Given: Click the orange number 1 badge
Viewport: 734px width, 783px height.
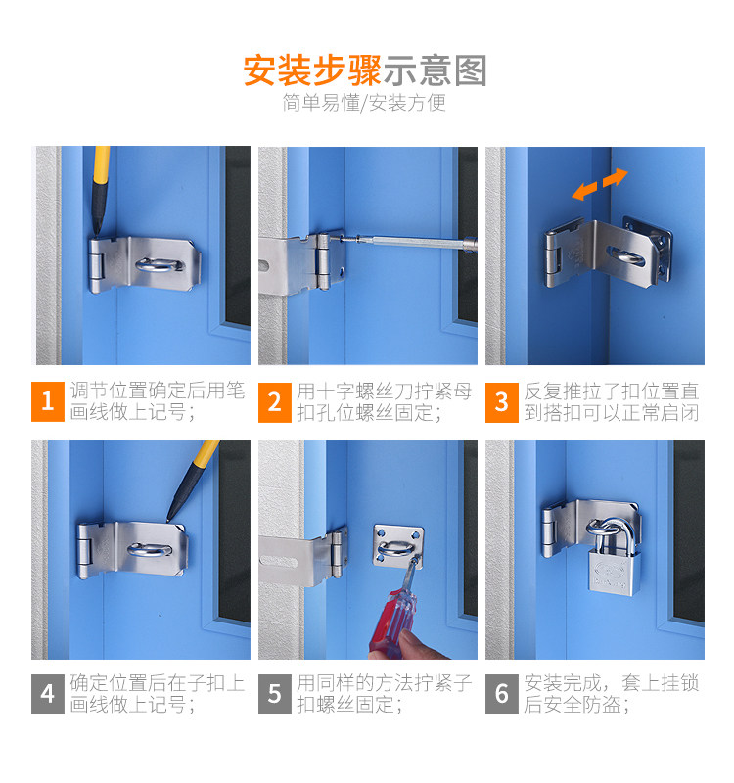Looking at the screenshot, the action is (x=47, y=401).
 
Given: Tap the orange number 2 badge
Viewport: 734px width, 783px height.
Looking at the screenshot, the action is (x=275, y=402).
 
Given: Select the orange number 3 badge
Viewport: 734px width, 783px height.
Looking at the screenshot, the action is (x=502, y=402).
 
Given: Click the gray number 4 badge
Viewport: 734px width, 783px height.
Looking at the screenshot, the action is (x=47, y=694).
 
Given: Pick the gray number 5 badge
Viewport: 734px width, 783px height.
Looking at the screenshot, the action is (x=275, y=694).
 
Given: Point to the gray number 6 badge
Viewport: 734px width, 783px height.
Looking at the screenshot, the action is (x=502, y=694).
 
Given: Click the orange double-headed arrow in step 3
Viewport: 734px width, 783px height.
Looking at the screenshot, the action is (x=600, y=184).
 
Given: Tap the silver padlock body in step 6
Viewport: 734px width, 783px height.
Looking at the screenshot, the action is (x=614, y=574).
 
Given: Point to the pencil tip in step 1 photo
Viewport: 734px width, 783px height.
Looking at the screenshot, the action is (x=95, y=233).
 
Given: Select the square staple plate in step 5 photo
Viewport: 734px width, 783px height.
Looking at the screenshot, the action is (x=398, y=546).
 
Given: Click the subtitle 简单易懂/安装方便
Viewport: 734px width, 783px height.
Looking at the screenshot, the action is (x=364, y=103).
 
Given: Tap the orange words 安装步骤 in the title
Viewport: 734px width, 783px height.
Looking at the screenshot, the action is (x=312, y=70).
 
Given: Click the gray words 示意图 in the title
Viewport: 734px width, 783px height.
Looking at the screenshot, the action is (x=435, y=70).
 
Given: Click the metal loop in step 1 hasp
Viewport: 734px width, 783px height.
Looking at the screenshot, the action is (x=159, y=265).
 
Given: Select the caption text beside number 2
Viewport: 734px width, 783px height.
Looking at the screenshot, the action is (x=385, y=402).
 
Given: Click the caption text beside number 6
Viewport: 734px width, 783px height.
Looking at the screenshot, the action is (x=611, y=694).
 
